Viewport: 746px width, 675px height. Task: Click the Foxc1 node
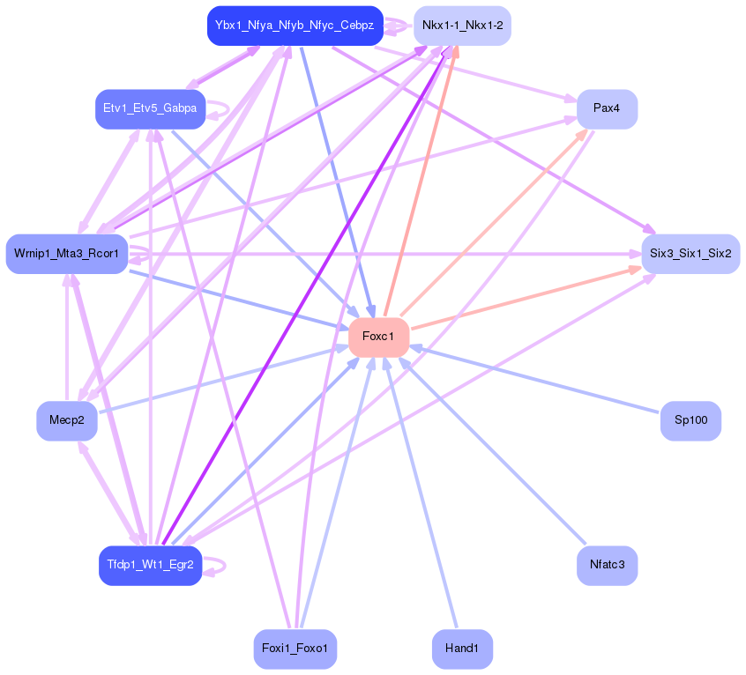(378, 337)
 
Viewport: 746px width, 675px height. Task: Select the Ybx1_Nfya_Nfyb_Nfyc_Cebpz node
(295, 26)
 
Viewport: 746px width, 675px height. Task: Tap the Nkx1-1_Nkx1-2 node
(462, 26)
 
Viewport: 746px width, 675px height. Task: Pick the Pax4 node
(607, 109)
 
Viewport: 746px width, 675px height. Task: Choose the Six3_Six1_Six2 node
(690, 254)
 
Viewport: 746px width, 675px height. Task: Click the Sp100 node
(690, 420)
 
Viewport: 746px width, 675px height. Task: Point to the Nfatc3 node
(607, 565)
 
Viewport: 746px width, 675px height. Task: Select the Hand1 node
(462, 649)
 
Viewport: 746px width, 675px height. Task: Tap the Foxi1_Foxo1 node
(295, 649)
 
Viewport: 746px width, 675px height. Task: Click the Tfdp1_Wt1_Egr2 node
(150, 565)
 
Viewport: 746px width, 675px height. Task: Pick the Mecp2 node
(67, 420)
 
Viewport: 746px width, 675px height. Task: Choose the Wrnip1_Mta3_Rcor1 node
(67, 254)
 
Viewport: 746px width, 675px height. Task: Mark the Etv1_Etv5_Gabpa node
(150, 109)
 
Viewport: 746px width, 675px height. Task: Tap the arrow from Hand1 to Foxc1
(421, 493)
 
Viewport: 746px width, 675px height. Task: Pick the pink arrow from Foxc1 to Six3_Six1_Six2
(526, 298)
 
